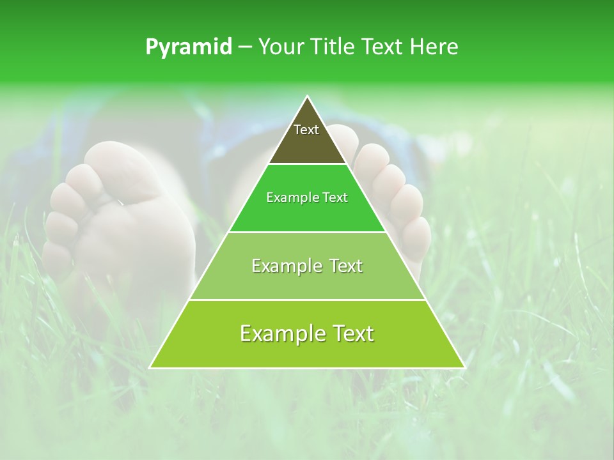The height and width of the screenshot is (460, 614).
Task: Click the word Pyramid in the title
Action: (x=189, y=47)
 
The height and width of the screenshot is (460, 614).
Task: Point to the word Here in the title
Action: (x=434, y=47)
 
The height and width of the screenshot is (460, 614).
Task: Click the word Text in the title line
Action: (x=386, y=47)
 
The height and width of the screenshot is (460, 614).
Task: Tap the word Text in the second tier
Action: (x=335, y=198)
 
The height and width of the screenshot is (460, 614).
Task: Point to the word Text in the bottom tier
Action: (x=350, y=333)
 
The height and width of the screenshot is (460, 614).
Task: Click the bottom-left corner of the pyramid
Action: (x=150, y=367)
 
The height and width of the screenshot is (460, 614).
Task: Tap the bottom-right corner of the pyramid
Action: (x=464, y=367)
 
